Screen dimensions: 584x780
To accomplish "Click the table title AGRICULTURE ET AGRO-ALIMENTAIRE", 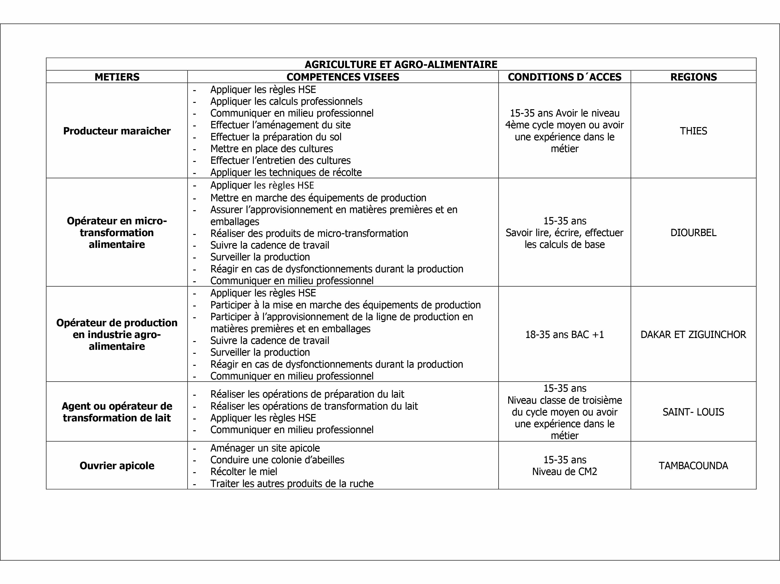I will tap(401, 64).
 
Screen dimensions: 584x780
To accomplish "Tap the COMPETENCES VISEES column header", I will tap(343, 77).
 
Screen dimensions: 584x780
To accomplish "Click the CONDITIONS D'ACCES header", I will tap(565, 77).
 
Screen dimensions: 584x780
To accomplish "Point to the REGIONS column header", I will tap(693, 77).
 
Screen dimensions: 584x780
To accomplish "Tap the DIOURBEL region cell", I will tap(693, 233).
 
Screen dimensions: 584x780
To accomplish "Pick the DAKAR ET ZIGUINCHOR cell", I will tap(693, 334).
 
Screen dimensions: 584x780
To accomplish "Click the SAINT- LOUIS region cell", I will tap(693, 412).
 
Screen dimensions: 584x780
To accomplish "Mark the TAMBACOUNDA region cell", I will tap(693, 466).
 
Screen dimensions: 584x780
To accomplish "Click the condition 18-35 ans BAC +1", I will tap(565, 334).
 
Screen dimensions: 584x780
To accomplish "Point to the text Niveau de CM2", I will tap(565, 472).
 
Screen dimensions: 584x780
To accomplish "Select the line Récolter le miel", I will tap(244, 472).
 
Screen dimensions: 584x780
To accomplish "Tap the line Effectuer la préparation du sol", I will tap(276, 137).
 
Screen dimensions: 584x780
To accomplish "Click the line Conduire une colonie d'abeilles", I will tap(277, 460).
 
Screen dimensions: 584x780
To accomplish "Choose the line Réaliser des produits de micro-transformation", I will tap(309, 234).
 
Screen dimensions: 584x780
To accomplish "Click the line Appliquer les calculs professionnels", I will tap(286, 101).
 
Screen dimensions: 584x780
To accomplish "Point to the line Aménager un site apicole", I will tap(265, 448).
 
